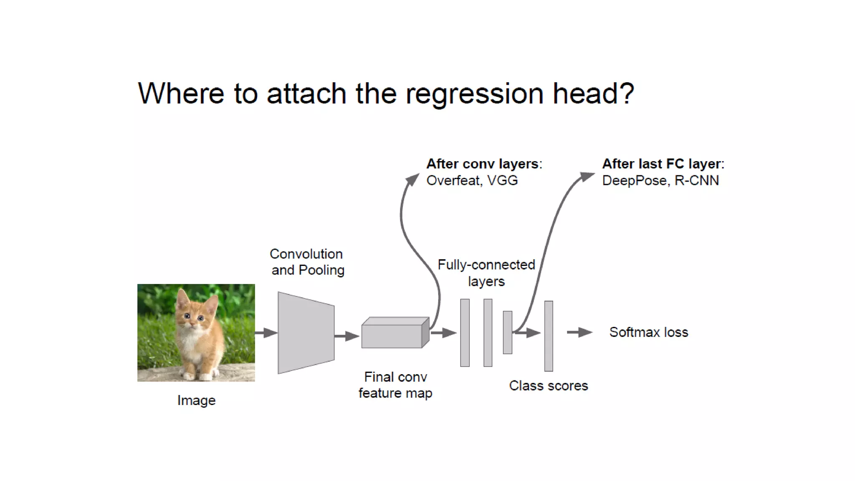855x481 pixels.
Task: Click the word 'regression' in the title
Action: click(x=474, y=94)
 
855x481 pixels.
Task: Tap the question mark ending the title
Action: click(x=626, y=93)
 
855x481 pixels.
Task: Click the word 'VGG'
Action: click(x=503, y=180)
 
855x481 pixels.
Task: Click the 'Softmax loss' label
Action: click(x=648, y=332)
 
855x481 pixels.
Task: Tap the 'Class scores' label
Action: click(x=548, y=385)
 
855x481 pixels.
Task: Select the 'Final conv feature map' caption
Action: click(x=395, y=385)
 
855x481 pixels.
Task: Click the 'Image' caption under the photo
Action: click(x=196, y=400)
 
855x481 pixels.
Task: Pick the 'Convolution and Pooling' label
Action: click(x=307, y=262)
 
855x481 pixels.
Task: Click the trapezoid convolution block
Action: click(x=306, y=333)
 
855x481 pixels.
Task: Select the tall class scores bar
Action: click(x=549, y=336)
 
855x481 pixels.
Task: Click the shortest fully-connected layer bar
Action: click(x=507, y=332)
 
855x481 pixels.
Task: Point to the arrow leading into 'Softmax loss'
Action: click(x=579, y=332)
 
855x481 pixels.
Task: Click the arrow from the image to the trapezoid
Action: click(x=266, y=333)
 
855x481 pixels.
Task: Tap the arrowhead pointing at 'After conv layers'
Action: click(x=413, y=179)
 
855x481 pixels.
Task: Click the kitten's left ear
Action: click(x=182, y=298)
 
